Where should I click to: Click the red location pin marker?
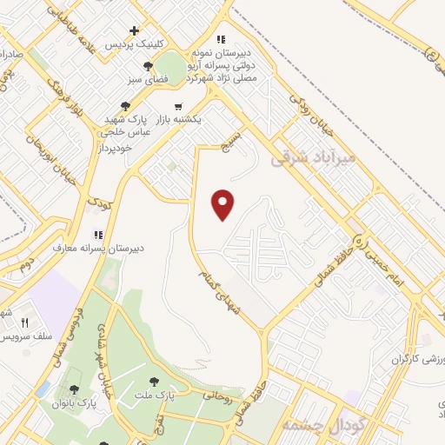pos(223,204)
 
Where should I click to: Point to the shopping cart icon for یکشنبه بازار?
pos(178,107)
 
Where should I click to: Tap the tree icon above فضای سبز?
pos(149,65)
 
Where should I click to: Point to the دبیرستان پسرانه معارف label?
pos(131,247)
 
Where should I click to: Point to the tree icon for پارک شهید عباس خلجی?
pos(126,106)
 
